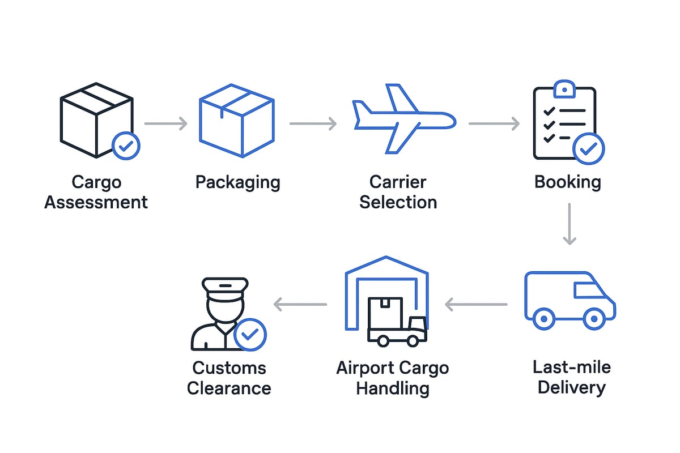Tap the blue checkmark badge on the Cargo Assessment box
click(126, 146)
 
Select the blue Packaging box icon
click(237, 121)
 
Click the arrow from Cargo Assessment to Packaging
click(165, 123)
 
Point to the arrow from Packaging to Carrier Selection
click(313, 123)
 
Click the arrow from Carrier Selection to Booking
click(494, 123)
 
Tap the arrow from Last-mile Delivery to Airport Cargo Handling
click(476, 305)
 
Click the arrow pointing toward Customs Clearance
click(300, 305)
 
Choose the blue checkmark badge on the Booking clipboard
click(589, 149)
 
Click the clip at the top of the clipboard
click(564, 89)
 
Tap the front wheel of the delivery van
click(594, 319)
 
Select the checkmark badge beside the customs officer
click(250, 334)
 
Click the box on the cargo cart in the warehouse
click(385, 313)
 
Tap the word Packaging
click(237, 182)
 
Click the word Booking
click(567, 182)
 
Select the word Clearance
click(229, 388)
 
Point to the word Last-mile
click(571, 367)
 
